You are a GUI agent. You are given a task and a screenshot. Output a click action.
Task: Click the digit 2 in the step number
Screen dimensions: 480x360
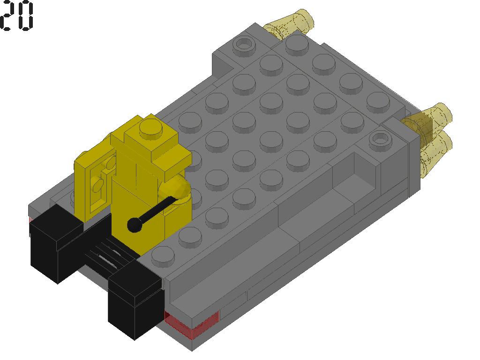[x=7, y=15]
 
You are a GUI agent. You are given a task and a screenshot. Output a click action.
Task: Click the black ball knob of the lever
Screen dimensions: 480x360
[x=134, y=225]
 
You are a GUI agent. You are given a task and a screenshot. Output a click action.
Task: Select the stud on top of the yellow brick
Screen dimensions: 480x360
[x=150, y=126]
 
